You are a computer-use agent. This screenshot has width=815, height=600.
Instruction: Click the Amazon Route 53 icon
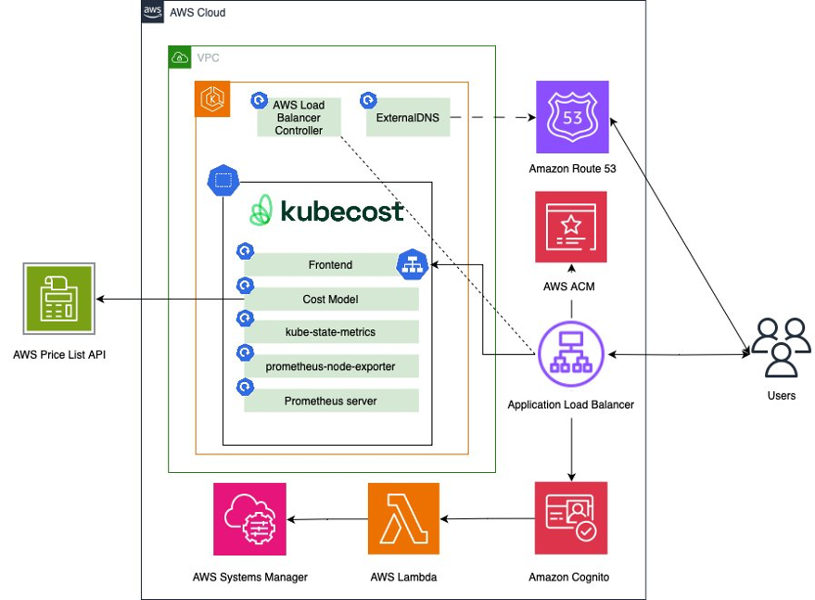click(572, 117)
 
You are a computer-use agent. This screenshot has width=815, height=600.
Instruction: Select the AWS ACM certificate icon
click(571, 227)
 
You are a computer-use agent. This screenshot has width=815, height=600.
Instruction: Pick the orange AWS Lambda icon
click(403, 517)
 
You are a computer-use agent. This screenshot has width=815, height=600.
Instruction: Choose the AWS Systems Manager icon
click(249, 518)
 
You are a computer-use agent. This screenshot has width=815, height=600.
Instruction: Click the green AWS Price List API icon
click(59, 299)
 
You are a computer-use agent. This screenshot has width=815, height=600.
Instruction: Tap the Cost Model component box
click(331, 300)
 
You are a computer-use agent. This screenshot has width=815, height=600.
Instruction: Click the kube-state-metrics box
click(331, 332)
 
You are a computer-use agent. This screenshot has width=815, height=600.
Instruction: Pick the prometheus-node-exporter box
click(331, 366)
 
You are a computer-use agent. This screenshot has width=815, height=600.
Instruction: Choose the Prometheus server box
click(331, 401)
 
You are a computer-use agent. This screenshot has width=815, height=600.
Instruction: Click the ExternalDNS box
click(408, 118)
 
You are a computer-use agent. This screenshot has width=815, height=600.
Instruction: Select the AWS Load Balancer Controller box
click(299, 118)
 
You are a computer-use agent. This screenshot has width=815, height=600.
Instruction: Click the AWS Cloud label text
click(197, 13)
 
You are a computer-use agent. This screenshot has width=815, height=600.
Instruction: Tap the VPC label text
click(209, 57)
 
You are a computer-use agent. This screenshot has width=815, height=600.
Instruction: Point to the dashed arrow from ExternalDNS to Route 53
click(491, 118)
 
